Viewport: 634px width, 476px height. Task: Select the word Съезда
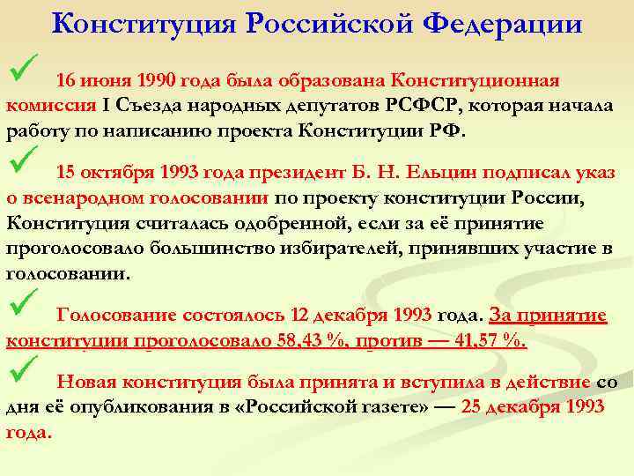[152, 106]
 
